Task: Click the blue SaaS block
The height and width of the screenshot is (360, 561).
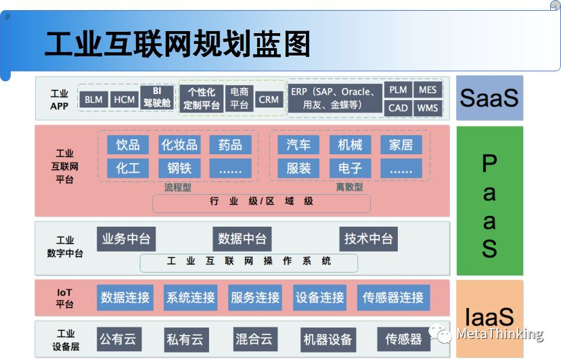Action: (489, 98)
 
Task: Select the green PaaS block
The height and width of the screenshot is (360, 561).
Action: (489, 200)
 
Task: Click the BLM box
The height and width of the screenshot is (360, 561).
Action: (93, 99)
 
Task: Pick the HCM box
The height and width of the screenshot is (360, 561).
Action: (125, 99)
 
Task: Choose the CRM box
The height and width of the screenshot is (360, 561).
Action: (269, 99)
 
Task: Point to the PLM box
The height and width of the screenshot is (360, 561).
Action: (398, 90)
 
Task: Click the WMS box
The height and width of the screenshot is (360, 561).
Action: (427, 108)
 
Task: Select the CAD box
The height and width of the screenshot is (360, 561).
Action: (398, 108)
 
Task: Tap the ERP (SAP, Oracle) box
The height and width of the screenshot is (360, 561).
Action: (334, 99)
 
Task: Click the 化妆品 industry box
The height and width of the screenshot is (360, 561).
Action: (179, 145)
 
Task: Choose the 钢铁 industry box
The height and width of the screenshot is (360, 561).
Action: (179, 168)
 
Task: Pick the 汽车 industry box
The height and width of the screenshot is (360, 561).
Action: (298, 145)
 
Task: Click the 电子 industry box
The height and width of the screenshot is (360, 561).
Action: (350, 168)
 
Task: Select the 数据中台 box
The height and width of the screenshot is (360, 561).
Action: (242, 238)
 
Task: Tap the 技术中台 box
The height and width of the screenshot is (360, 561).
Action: (368, 238)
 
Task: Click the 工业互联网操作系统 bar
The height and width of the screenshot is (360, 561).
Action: (249, 261)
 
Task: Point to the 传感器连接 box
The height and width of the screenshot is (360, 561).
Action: (393, 297)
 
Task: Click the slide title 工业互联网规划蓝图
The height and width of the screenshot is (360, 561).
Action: (177, 44)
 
